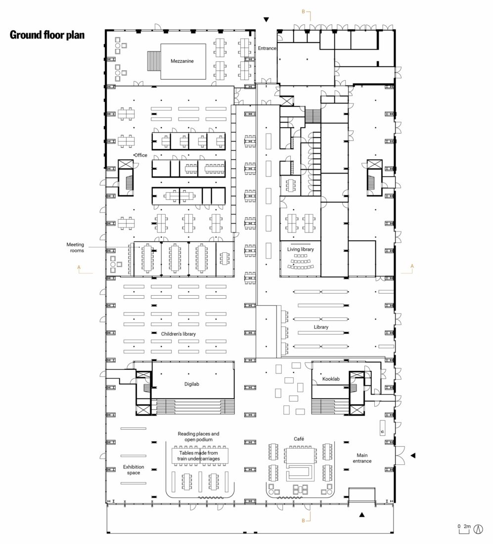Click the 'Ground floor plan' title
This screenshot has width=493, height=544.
(47, 35)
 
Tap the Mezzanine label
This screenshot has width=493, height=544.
(182, 61)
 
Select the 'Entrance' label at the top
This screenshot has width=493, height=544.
(267, 48)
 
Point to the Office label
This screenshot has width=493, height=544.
(140, 155)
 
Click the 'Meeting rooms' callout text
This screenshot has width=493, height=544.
(75, 247)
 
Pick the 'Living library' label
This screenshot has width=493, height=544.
(301, 249)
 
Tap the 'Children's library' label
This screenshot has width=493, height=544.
(179, 334)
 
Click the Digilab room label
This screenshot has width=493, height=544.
(191, 384)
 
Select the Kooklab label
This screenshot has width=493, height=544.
(331, 379)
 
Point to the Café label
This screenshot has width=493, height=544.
(299, 439)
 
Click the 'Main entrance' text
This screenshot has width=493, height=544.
(362, 458)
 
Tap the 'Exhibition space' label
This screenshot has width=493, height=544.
(134, 470)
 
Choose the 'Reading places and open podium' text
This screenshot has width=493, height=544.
(198, 437)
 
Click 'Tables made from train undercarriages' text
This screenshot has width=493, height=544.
(198, 455)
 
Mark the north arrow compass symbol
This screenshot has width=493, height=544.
(479, 529)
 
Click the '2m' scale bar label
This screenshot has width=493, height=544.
(467, 526)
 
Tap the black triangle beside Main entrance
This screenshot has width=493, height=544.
(413, 455)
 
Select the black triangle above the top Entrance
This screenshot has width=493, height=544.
(266, 20)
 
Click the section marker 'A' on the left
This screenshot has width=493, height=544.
(79, 267)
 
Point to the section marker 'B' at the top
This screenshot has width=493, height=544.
(303, 11)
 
